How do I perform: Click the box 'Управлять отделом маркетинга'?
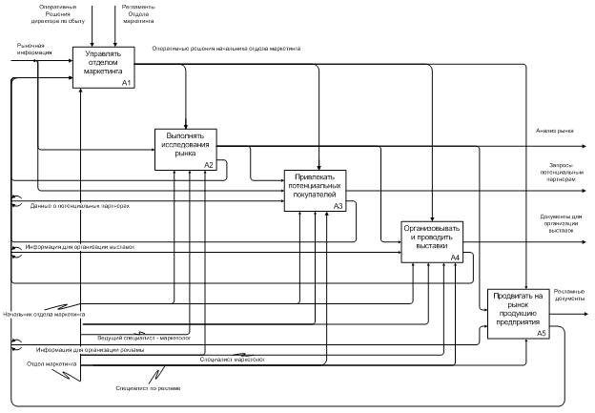pyautogui.click(x=104, y=67)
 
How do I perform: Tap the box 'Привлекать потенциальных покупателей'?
pyautogui.click(x=315, y=188)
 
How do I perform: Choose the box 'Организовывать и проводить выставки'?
pyautogui.click(x=431, y=240)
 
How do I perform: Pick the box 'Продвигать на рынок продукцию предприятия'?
pyautogui.click(x=519, y=312)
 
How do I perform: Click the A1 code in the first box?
pyautogui.click(x=126, y=84)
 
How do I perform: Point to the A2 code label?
pyautogui.click(x=209, y=164)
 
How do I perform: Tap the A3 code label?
pyautogui.click(x=337, y=206)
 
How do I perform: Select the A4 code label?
pyautogui.click(x=455, y=258)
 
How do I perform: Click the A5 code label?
pyautogui.click(x=541, y=333)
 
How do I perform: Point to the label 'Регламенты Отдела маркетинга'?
pyautogui.click(x=139, y=11)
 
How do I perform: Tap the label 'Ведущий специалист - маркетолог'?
pyautogui.click(x=145, y=337)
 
